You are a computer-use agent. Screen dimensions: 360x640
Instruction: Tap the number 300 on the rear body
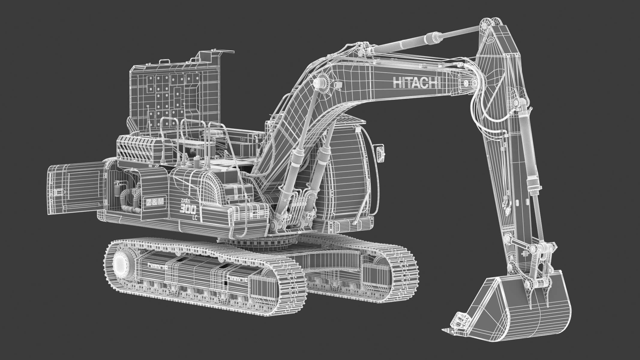188,208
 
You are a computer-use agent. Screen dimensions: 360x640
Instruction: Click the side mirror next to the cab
380,154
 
